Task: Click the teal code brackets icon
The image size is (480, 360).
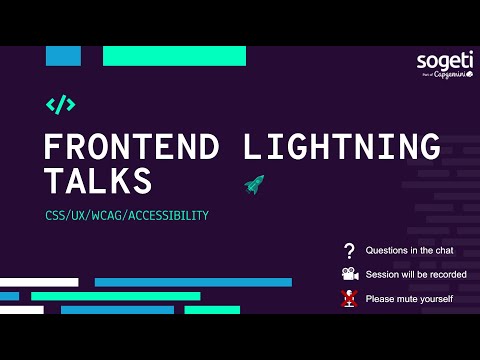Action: click(x=61, y=104)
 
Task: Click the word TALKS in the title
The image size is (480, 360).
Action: click(x=98, y=181)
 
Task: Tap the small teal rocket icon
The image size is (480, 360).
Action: click(x=254, y=184)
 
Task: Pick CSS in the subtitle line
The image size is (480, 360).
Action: click(x=56, y=215)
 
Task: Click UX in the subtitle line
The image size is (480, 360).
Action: click(x=82, y=215)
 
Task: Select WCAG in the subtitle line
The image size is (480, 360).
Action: click(x=112, y=215)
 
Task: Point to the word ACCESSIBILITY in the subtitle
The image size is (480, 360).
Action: click(x=172, y=215)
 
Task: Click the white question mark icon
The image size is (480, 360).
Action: click(x=349, y=250)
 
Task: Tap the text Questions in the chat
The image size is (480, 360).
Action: click(x=408, y=250)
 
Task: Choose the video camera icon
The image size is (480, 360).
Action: click(x=349, y=274)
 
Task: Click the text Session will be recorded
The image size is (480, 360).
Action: click(x=416, y=274)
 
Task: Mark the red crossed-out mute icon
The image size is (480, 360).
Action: click(x=349, y=298)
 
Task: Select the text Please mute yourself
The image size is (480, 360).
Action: click(x=409, y=298)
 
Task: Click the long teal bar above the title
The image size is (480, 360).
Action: click(x=175, y=56)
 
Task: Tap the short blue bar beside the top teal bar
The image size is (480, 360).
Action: click(x=63, y=56)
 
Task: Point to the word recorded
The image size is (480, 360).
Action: click(x=446, y=274)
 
